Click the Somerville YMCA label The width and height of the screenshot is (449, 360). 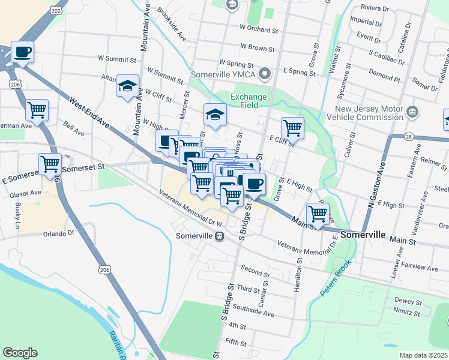(x=223, y=74)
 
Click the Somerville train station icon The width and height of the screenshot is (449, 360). (x=220, y=236)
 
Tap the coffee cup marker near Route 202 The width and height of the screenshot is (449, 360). (x=23, y=52)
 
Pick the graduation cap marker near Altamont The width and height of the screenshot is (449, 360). (x=128, y=86)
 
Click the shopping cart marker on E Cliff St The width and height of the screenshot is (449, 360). (x=292, y=127)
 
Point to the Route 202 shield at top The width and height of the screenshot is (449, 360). (x=56, y=10)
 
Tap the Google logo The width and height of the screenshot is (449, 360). (x=20, y=353)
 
